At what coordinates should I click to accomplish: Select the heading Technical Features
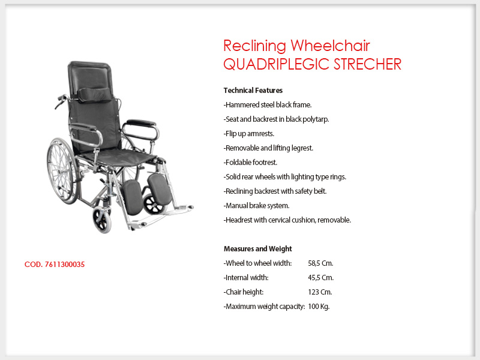(x=253, y=91)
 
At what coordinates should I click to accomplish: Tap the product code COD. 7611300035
(x=55, y=265)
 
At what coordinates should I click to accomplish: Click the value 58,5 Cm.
(x=320, y=263)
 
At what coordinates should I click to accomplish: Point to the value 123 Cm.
(x=320, y=292)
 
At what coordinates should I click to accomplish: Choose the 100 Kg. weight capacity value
(x=319, y=307)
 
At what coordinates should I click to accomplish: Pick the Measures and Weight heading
(x=258, y=248)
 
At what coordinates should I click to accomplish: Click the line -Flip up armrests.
(x=249, y=134)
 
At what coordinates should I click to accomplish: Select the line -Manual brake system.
(x=257, y=206)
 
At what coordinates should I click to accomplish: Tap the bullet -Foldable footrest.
(x=250, y=162)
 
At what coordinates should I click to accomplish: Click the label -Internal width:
(x=246, y=278)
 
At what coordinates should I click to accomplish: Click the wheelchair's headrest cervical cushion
(x=95, y=94)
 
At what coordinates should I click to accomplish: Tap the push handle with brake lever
(x=61, y=101)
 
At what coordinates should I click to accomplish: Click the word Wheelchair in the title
(x=331, y=46)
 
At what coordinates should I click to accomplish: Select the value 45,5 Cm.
(x=321, y=278)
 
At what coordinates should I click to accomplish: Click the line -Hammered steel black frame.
(x=268, y=104)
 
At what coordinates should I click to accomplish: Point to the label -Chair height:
(x=244, y=292)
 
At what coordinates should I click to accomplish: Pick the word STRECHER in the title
(x=367, y=64)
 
